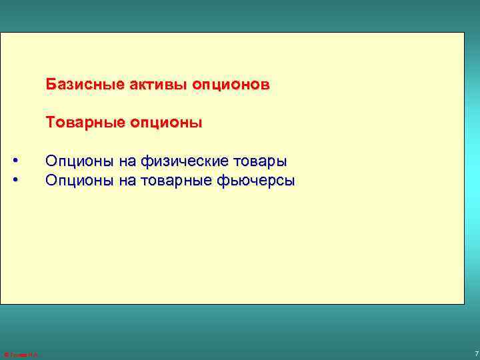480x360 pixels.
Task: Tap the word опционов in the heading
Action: [231, 85]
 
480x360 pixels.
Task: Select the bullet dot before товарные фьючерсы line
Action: [16, 180]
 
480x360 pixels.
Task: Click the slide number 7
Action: [475, 353]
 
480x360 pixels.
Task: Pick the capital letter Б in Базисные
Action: [50, 85]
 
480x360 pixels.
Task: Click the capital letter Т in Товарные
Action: [50, 123]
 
